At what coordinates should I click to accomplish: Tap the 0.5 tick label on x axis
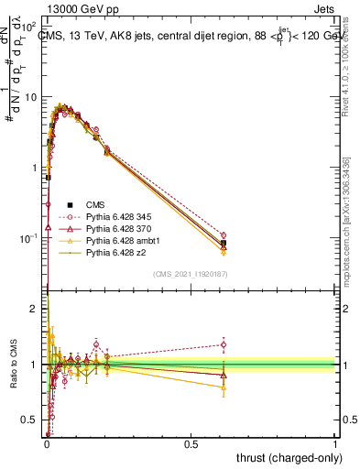[x=191, y=444]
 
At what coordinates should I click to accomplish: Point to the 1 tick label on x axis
[x=335, y=444]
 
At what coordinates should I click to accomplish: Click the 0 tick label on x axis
[x=48, y=444]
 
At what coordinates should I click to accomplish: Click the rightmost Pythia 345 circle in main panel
[x=224, y=235]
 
